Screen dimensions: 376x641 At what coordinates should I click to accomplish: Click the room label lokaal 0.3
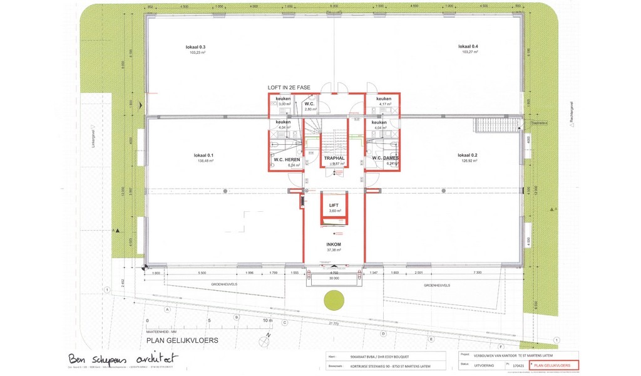[196, 47]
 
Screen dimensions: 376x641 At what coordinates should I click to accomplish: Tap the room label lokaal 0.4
[468, 47]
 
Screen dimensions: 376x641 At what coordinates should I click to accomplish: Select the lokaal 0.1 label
[203, 155]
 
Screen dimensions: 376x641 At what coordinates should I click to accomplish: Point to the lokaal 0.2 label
[468, 155]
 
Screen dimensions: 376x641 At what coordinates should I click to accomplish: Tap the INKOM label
[334, 244]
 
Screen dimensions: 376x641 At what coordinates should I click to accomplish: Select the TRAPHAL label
[335, 159]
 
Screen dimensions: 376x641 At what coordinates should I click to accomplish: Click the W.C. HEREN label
[287, 159]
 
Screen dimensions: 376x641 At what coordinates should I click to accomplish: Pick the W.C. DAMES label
[385, 158]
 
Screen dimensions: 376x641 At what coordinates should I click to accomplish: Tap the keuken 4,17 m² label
[384, 99]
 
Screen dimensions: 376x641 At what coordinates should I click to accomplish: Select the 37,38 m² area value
[334, 249]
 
